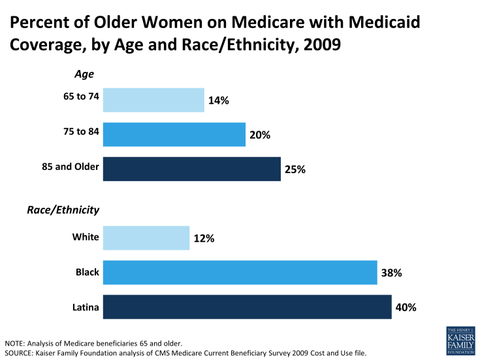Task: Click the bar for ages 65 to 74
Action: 153,100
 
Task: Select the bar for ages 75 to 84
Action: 174,135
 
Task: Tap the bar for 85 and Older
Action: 191,169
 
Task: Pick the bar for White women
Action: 146,238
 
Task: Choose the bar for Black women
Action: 240,272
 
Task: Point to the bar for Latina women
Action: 247,306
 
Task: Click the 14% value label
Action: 219,101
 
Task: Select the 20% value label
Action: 260,135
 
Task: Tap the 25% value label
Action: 295,169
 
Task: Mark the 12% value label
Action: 204,238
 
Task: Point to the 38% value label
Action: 391,272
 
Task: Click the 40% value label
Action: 406,307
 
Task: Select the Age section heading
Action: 84,75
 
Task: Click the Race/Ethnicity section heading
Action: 63,210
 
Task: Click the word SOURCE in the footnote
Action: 20,353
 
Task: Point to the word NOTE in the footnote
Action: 16,343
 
